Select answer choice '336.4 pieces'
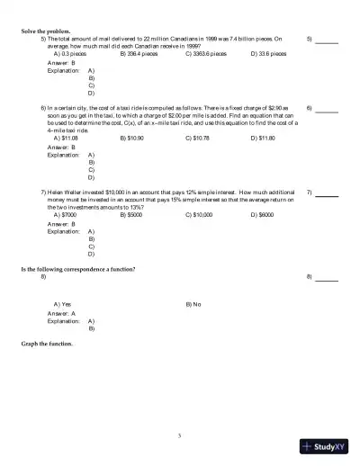[x=139, y=53]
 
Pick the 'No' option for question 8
[x=193, y=305]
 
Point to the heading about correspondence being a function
[x=78, y=270]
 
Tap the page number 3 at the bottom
[x=180, y=436]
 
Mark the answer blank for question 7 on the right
[x=327, y=194]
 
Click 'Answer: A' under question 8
[x=61, y=313]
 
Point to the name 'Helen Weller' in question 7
[x=67, y=193]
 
